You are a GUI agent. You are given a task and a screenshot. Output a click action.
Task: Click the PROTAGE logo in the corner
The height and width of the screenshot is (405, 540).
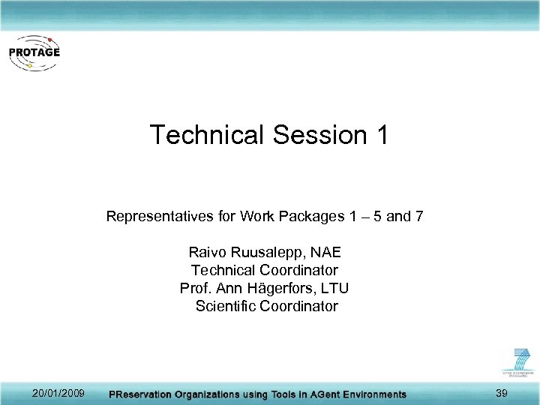tap(33, 53)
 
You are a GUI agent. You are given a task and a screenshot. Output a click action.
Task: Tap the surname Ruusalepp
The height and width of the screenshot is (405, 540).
tap(269, 253)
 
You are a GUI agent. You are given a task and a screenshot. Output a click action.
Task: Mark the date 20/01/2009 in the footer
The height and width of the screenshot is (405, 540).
tap(58, 394)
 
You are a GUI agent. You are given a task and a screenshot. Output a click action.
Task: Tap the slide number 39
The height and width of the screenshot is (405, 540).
tap(502, 394)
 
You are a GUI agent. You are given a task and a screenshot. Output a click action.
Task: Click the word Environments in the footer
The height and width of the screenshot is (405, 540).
tap(370, 394)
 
